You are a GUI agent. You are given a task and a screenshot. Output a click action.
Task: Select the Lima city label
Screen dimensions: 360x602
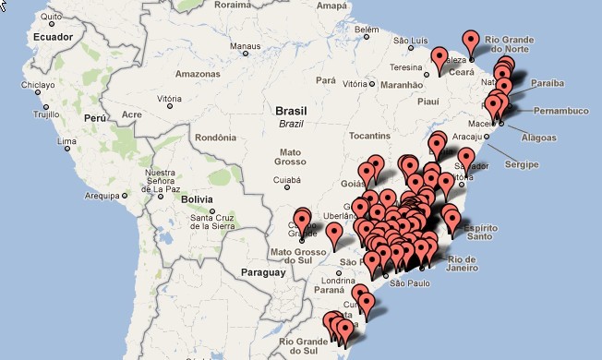66,143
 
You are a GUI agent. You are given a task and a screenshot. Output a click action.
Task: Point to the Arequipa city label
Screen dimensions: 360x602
102,196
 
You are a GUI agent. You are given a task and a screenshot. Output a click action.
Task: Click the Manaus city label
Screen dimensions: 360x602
245,45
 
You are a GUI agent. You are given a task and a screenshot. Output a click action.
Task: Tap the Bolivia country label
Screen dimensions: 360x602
197,198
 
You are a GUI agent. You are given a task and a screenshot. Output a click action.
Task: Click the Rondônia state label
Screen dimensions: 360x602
216,138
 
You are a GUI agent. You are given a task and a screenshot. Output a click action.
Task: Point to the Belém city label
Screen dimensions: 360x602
367,30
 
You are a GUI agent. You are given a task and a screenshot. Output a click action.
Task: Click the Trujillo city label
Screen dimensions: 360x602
45,115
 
